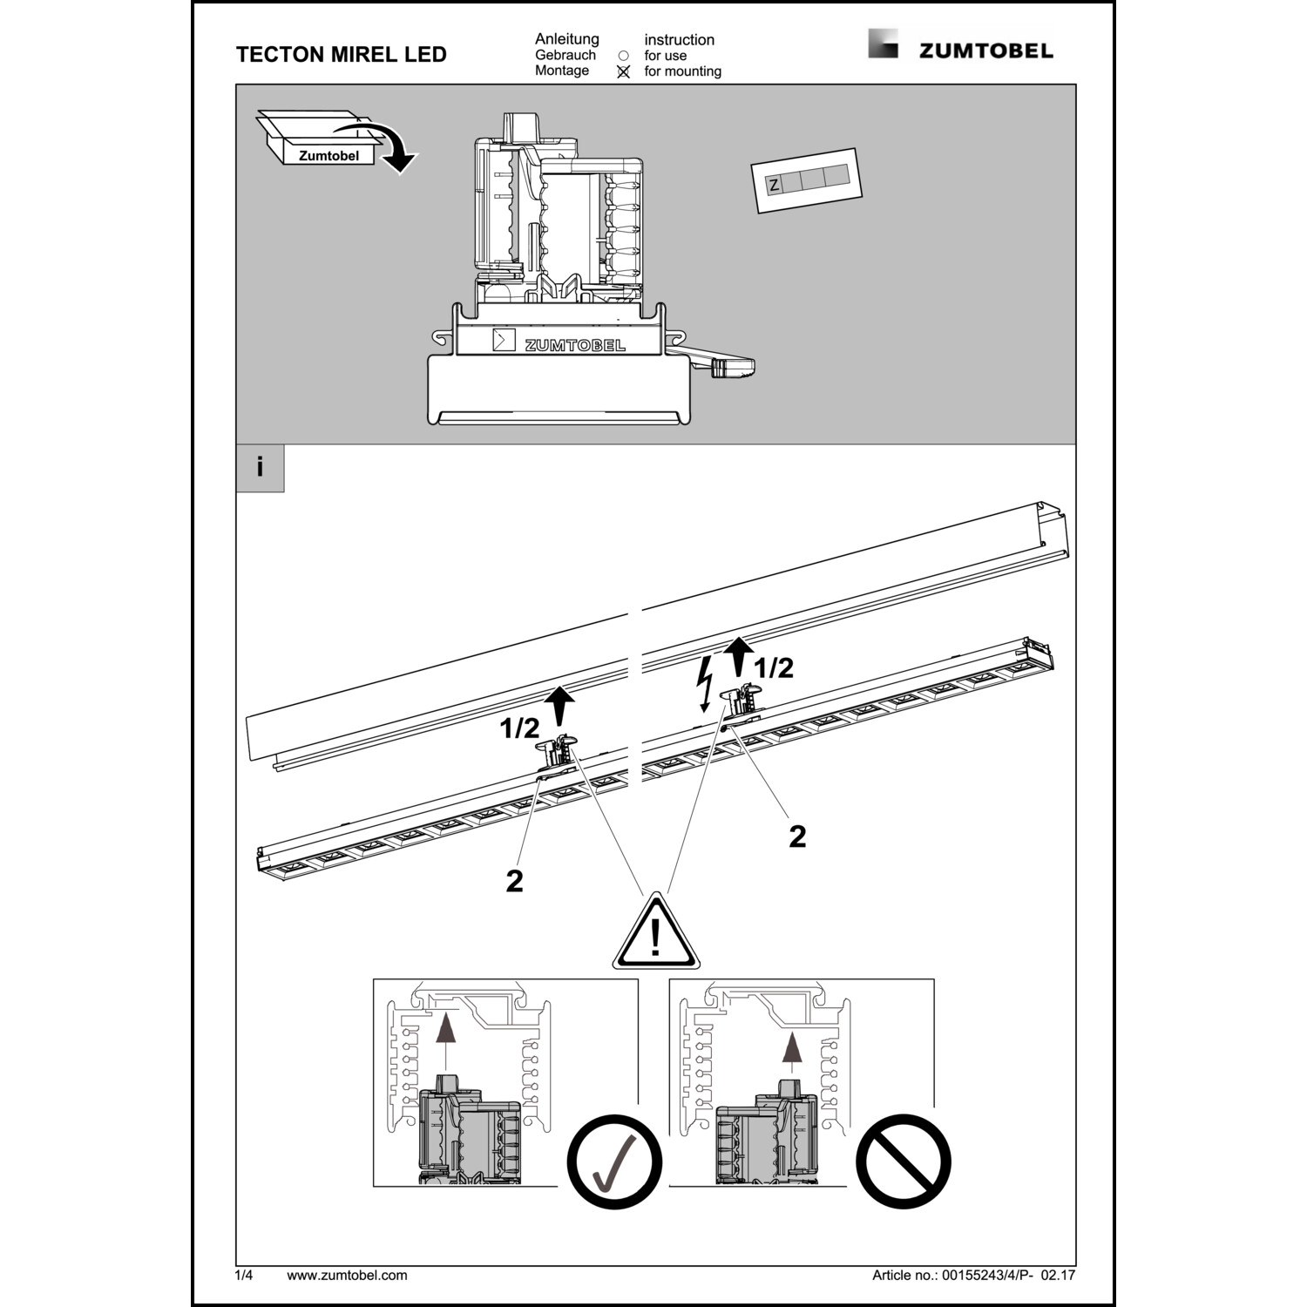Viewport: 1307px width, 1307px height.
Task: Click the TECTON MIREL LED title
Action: point(341,54)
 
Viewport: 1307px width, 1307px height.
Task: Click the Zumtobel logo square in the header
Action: point(882,44)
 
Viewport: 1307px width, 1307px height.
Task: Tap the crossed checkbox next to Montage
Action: point(623,72)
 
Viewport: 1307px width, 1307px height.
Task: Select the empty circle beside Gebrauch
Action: point(623,56)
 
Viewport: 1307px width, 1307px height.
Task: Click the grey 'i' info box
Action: point(260,468)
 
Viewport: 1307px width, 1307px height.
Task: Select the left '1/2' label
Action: point(519,728)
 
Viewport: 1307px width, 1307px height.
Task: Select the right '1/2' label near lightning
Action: point(773,668)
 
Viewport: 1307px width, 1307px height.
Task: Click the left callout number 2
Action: point(515,881)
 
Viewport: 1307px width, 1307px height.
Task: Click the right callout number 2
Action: point(797,836)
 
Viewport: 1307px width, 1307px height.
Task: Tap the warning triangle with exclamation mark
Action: point(655,935)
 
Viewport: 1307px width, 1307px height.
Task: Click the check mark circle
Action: point(614,1161)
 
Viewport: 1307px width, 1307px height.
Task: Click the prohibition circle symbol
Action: point(903,1161)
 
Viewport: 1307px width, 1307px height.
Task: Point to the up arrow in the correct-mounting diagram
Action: point(444,1037)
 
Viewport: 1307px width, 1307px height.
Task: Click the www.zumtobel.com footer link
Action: point(347,1275)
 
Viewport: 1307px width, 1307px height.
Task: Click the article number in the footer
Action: point(973,1275)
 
